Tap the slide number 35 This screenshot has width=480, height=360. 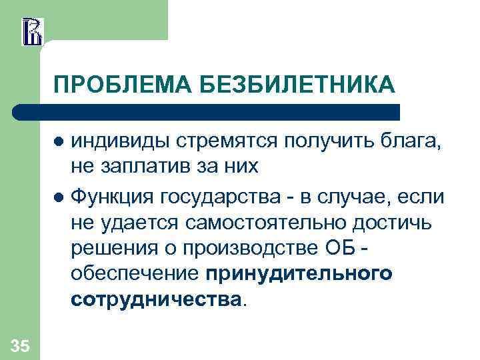20,345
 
